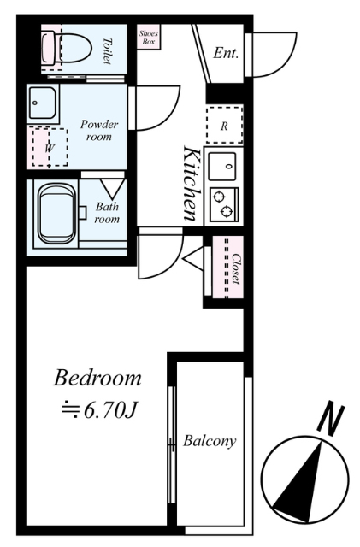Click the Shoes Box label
coord(149,38)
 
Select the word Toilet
coord(107,51)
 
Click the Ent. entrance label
coord(226,53)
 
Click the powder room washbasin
coord(42,103)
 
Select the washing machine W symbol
coord(50,148)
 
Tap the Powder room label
coord(99,130)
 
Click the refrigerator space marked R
coord(224,126)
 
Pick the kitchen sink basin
coord(222,167)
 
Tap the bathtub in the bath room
coord(56,214)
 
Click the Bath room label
coord(107,213)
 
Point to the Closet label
coord(236,268)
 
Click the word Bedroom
coord(97,378)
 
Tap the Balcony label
coord(210,441)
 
